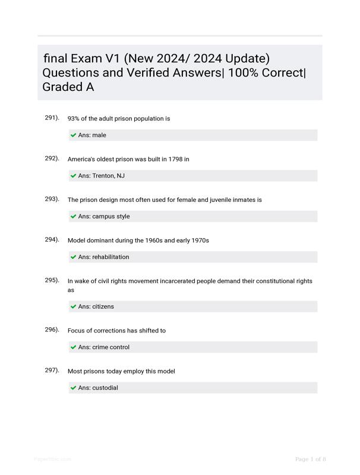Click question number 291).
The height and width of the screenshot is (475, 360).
tap(52, 118)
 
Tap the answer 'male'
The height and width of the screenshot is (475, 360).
tap(99, 135)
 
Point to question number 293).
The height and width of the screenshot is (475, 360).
tap(52, 199)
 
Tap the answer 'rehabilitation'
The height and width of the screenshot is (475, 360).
tap(110, 257)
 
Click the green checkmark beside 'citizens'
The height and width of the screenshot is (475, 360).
tap(74, 307)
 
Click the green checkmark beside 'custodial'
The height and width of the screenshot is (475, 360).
tap(74, 388)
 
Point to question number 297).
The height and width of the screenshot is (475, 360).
tap(52, 370)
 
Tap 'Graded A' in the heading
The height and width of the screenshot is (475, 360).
tap(68, 87)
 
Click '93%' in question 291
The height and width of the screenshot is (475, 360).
tap(75, 119)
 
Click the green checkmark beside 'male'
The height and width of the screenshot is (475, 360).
tap(74, 135)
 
